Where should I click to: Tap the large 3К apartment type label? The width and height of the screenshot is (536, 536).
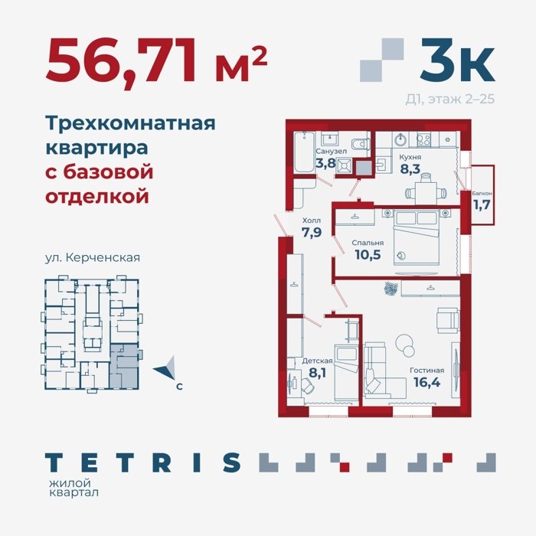coord(458,60)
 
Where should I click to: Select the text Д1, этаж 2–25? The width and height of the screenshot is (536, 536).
coord(450,99)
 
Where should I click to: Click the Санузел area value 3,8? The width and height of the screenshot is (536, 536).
coord(325,163)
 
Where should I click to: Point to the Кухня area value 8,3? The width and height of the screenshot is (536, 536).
coord(410,168)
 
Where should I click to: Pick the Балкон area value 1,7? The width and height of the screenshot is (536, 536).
coord(482,204)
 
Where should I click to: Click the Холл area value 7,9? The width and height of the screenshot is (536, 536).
coord(312,233)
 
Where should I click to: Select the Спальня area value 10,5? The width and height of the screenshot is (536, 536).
coord(368,255)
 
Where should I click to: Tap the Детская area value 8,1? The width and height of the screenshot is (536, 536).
coord(317,373)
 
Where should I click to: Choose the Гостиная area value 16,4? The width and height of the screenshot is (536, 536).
coord(427,382)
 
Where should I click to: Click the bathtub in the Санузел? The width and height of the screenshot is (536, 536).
coord(304,152)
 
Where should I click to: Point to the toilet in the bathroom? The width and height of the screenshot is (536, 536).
coord(361,144)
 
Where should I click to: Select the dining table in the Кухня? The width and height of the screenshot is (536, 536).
coord(426,192)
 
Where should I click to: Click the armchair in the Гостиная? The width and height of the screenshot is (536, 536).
coord(448,320)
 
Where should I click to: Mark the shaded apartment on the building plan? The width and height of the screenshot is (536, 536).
coord(124,366)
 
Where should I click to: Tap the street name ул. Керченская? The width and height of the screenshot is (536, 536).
coord(93,257)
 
